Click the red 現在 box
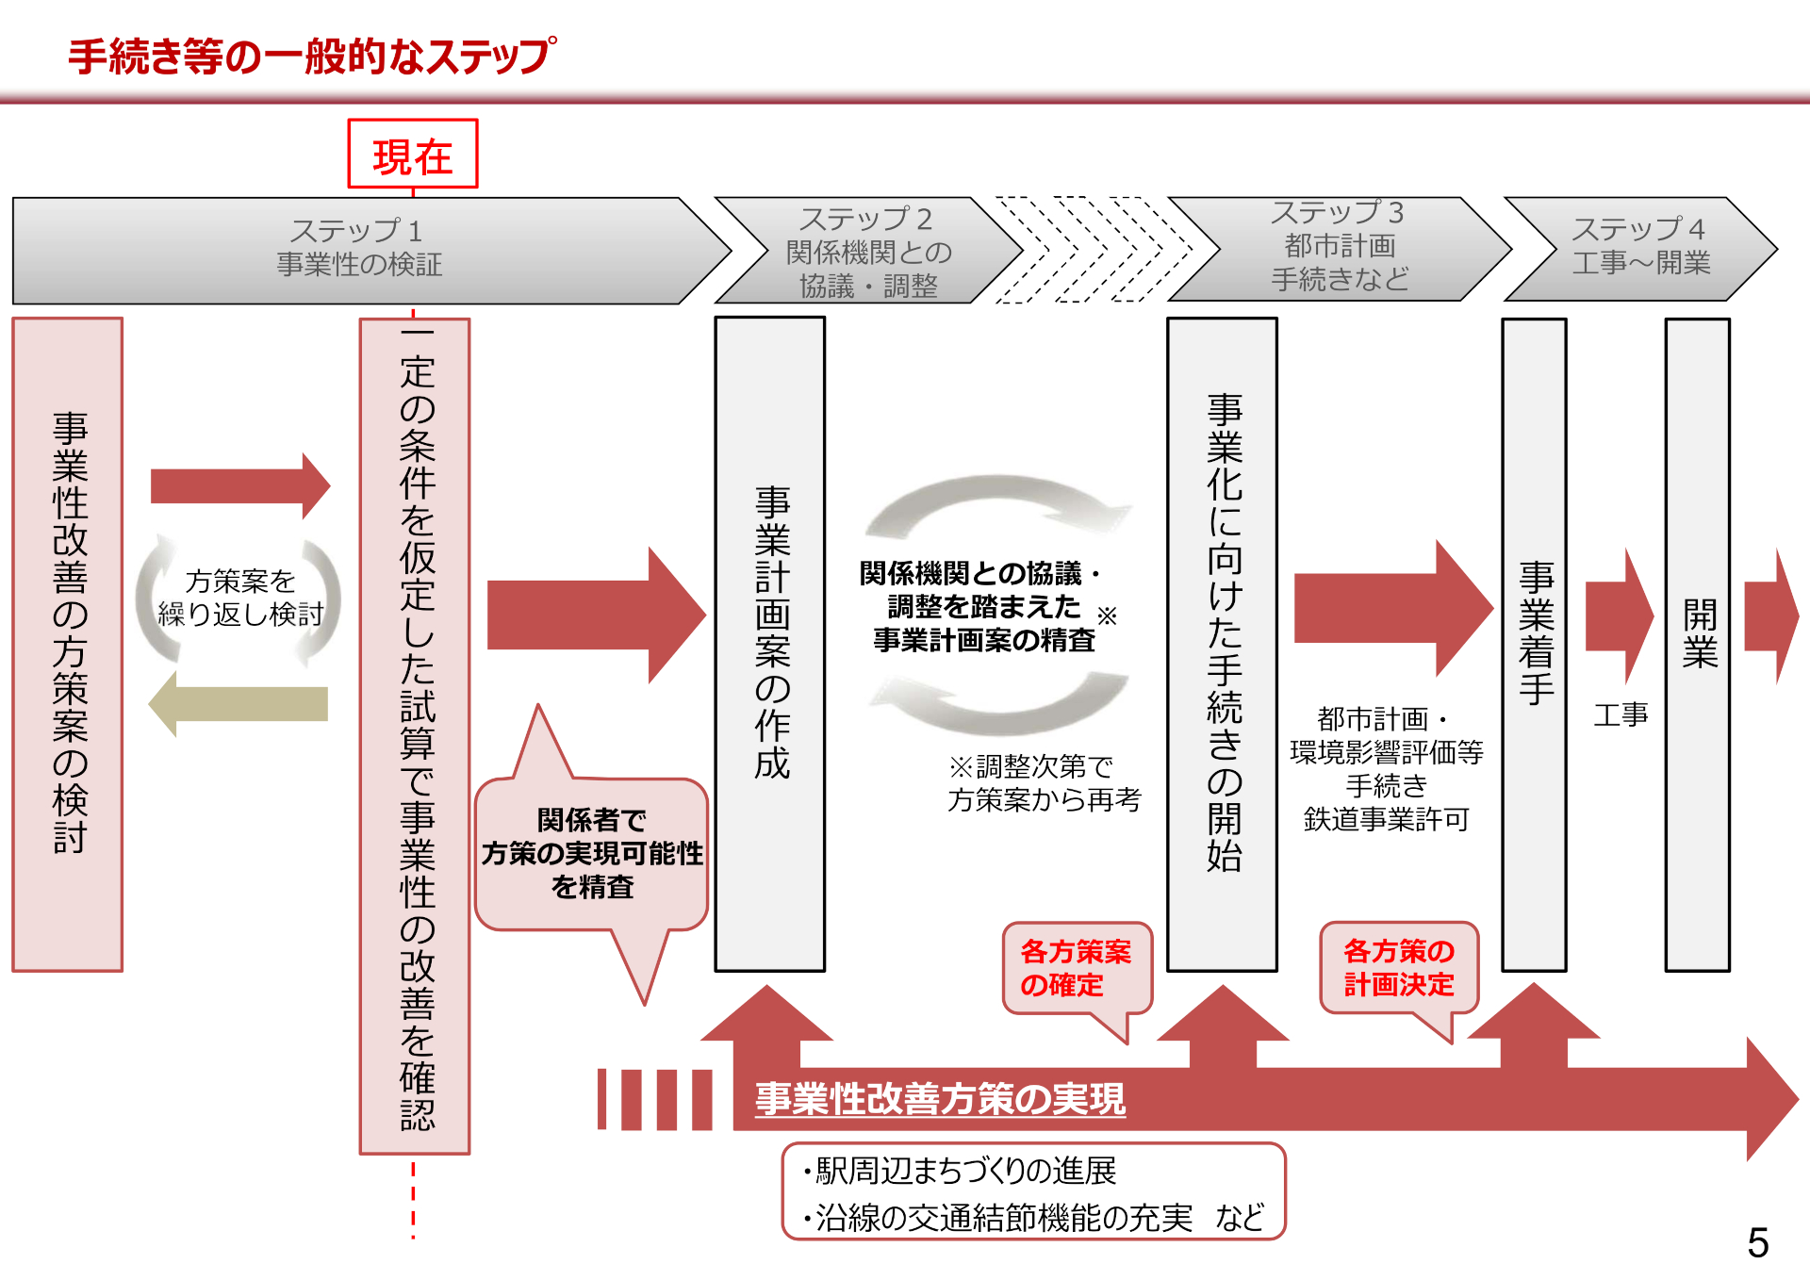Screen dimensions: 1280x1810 pos(412,155)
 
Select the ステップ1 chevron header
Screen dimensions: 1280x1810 pos(358,248)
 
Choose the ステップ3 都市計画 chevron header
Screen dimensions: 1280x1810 pos(1338,247)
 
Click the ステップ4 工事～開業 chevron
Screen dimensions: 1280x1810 pos(1639,247)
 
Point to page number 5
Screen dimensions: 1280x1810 pos(1757,1242)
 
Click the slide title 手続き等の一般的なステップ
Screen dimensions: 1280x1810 pos(312,57)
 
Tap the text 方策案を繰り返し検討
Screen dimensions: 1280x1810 pos(240,598)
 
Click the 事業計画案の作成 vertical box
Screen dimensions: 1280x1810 pos(770,643)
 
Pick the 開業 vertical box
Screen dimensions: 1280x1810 pos(1698,643)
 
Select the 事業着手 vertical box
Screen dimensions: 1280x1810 pos(1534,643)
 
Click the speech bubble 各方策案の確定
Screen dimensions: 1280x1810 pos(1076,968)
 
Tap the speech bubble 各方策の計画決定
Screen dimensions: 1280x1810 pos(1398,968)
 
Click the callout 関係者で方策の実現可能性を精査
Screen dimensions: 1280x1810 pos(591,853)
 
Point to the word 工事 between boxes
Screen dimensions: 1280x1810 pos(1621,714)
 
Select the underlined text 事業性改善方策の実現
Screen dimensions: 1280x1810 pos(940,1099)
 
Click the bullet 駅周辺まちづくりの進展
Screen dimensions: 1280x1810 pos(962,1171)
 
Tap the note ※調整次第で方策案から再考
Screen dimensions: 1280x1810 pos(1044,783)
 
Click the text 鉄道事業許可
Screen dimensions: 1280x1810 pos(1386,819)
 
